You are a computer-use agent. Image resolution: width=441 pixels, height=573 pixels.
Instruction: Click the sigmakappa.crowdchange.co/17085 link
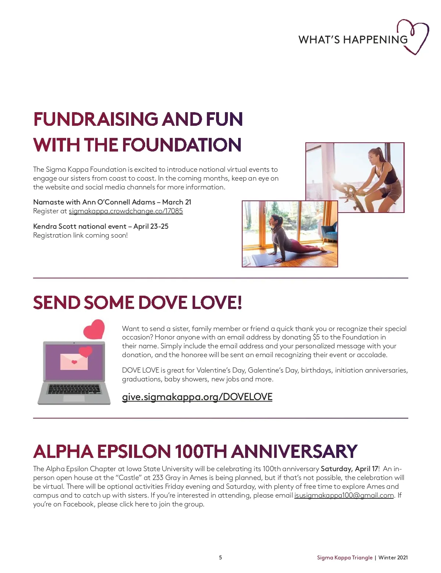tap(126, 211)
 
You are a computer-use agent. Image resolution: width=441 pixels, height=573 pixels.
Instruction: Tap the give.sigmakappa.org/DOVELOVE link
tap(197, 397)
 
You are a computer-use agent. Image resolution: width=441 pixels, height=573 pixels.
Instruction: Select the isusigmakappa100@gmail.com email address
tap(344, 495)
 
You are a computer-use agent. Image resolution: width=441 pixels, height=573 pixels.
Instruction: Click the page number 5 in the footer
tap(220, 558)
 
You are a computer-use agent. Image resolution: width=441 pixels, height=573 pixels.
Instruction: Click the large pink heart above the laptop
tap(94, 329)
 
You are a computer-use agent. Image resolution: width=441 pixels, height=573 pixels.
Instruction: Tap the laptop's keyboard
tap(74, 389)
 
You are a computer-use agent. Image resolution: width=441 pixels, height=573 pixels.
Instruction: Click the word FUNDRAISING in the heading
tap(96, 120)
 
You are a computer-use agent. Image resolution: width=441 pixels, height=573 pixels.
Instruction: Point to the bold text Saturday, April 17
tap(349, 469)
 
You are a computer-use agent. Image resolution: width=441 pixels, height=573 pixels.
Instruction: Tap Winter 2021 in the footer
tap(393, 558)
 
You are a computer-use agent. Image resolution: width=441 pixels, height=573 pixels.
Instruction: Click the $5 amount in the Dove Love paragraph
tap(316, 337)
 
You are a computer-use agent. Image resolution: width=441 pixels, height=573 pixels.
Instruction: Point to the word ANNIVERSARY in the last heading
tap(294, 452)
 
